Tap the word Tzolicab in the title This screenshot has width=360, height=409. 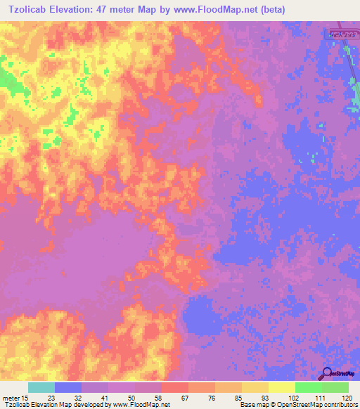point(31,10)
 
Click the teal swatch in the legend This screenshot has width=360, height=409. point(41,387)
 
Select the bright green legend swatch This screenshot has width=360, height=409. point(309,387)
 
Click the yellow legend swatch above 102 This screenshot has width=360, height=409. point(282,387)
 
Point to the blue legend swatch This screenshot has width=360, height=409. point(68,387)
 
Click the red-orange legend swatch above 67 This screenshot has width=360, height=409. point(175,387)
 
